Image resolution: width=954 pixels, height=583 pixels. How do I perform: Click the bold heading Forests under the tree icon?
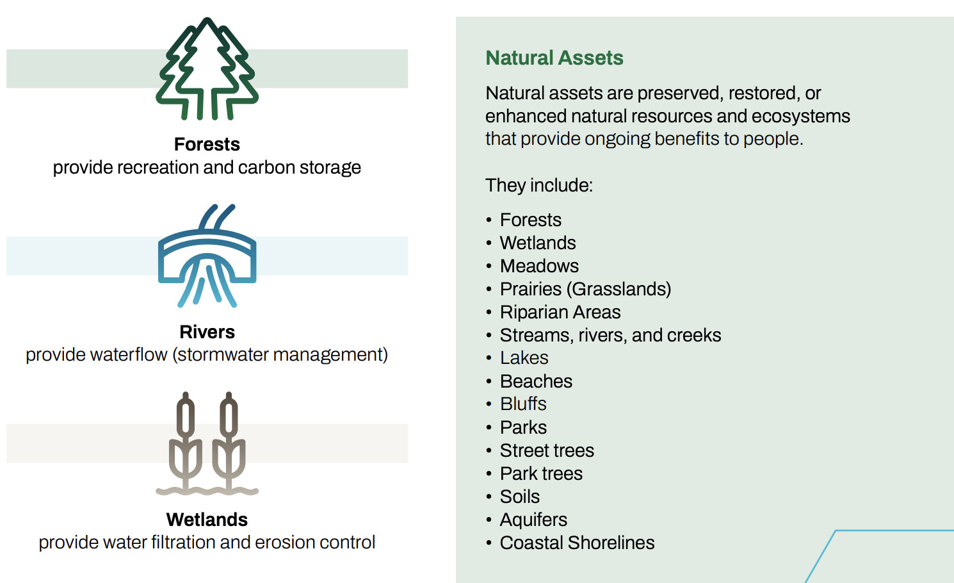[207, 145]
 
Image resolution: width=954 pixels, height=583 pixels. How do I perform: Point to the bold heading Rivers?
[207, 332]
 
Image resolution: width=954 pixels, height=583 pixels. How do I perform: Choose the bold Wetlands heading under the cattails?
[207, 520]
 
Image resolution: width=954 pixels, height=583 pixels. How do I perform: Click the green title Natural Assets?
[554, 58]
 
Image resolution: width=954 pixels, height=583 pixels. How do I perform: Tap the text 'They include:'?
[539, 185]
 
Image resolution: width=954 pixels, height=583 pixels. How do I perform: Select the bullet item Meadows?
[540, 266]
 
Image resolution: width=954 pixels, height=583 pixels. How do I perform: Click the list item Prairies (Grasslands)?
[586, 289]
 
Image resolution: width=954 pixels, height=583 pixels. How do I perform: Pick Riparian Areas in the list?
[560, 312]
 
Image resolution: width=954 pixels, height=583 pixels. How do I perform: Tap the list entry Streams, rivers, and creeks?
[611, 335]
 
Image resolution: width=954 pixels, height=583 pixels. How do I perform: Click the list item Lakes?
[524, 358]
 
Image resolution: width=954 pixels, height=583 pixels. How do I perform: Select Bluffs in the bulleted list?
[524, 404]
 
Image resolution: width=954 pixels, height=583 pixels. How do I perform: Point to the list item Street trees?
[547, 450]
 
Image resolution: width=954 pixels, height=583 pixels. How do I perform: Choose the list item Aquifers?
[533, 520]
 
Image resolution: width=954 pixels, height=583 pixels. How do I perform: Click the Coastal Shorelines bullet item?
[578, 543]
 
